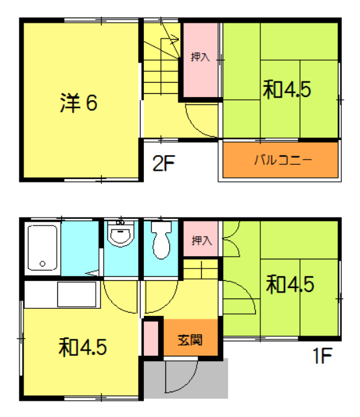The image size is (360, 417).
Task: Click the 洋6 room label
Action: (x=79, y=103)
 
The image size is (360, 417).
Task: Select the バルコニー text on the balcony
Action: (x=283, y=160)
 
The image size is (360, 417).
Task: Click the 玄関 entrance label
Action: (x=191, y=339)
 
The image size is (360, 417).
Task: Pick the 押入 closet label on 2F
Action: (x=200, y=57)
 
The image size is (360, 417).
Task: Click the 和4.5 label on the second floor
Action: (x=286, y=90)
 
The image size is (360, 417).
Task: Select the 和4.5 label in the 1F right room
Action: (x=290, y=284)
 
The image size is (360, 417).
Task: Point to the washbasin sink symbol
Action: (x=119, y=235)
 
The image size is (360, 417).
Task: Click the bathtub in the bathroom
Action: (x=43, y=248)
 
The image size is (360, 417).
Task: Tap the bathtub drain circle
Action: (x=42, y=264)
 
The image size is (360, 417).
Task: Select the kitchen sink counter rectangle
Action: (x=77, y=294)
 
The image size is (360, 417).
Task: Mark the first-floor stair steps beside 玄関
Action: (x=201, y=268)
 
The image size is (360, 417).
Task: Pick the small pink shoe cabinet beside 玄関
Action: (x=151, y=339)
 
